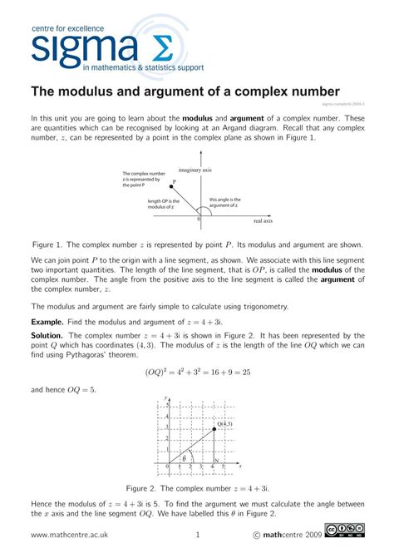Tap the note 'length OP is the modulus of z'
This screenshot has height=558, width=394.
point(160,204)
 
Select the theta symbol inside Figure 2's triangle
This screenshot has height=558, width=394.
point(184,458)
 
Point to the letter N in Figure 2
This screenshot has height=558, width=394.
point(216,460)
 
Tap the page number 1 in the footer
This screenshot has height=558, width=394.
point(198,534)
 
